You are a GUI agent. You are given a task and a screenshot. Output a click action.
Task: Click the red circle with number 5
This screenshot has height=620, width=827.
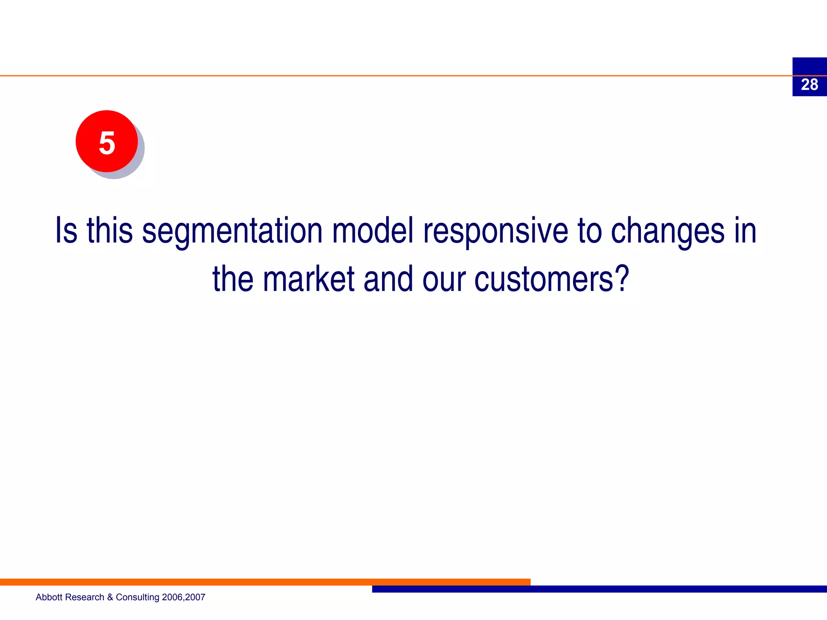[107, 142]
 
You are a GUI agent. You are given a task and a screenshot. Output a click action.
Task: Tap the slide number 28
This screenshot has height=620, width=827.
[809, 85]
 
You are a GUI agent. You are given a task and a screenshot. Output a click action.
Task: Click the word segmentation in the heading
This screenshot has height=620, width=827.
[232, 231]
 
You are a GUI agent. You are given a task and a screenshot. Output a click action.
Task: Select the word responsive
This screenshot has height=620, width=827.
[495, 231]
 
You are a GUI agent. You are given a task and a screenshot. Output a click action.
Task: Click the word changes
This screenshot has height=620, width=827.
[667, 231]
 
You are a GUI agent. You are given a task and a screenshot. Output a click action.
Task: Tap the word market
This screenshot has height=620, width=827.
[309, 279]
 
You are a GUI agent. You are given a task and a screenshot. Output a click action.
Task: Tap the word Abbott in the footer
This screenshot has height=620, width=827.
[49, 597]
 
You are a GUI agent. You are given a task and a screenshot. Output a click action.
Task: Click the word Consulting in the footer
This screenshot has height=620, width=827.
[137, 597]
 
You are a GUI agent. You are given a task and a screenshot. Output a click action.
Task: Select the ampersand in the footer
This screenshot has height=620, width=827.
[110, 597]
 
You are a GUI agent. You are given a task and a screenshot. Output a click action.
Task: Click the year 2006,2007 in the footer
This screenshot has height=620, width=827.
[183, 597]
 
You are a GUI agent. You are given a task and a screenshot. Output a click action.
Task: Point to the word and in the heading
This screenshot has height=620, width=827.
[388, 279]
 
